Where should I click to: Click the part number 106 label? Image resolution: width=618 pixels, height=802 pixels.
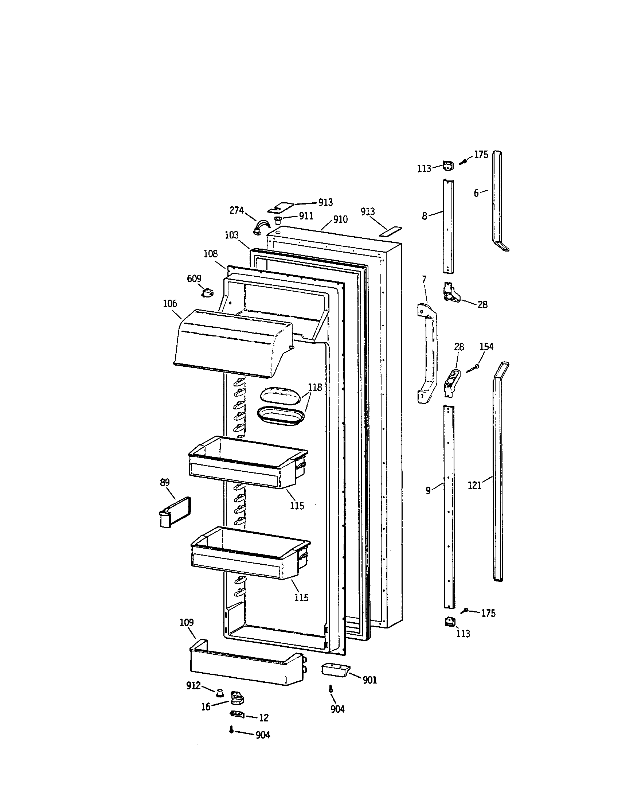click(170, 304)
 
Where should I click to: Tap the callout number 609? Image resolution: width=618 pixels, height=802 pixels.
click(194, 279)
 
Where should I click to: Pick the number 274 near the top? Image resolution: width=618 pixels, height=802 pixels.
click(236, 210)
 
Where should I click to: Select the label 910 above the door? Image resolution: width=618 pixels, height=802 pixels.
click(340, 219)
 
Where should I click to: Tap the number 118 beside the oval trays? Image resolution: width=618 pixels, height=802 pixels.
click(315, 387)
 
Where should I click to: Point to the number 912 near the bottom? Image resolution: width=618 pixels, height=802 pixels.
click(193, 685)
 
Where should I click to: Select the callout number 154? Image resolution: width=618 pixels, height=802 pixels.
click(486, 347)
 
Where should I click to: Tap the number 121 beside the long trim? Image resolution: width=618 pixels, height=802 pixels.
click(474, 486)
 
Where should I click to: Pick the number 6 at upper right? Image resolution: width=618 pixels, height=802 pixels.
click(476, 193)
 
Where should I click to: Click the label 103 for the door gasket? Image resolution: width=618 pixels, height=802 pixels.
click(231, 235)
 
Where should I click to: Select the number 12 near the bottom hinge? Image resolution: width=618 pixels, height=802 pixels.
click(264, 717)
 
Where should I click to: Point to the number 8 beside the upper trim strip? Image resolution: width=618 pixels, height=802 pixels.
click(425, 216)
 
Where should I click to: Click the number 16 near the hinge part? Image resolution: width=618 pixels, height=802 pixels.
click(206, 707)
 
